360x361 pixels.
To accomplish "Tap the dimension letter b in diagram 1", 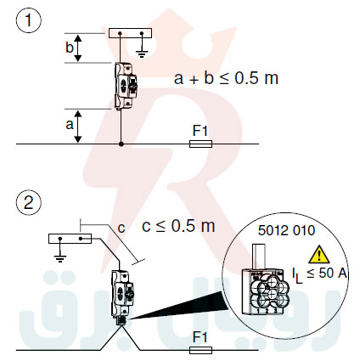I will [69, 47].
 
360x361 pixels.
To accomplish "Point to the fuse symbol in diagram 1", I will [200, 145].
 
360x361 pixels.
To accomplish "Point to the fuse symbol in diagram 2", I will [200, 348].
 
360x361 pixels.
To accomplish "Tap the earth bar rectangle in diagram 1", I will [130, 32].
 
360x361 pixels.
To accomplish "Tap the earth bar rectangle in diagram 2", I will [70, 239].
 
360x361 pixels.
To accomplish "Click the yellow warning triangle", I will [318, 252].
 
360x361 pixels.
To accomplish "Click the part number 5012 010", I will [284, 228].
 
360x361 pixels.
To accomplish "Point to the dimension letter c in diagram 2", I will [121, 228].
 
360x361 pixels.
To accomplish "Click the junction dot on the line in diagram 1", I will [122, 145].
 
